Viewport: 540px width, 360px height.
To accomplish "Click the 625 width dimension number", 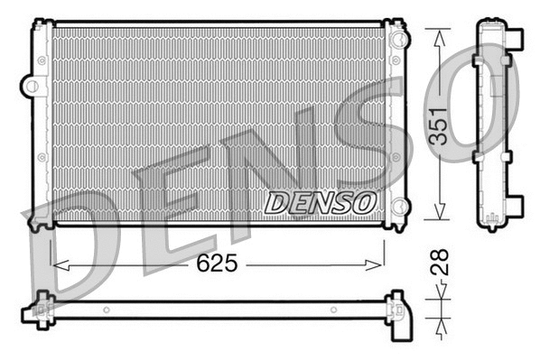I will (x=217, y=264).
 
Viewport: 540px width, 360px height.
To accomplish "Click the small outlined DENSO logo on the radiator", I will (x=318, y=201).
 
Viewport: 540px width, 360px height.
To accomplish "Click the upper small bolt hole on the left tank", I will (x=40, y=60).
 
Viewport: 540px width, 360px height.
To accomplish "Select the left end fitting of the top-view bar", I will (x=41, y=309).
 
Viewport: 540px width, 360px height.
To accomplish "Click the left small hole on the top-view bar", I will (x=106, y=312).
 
